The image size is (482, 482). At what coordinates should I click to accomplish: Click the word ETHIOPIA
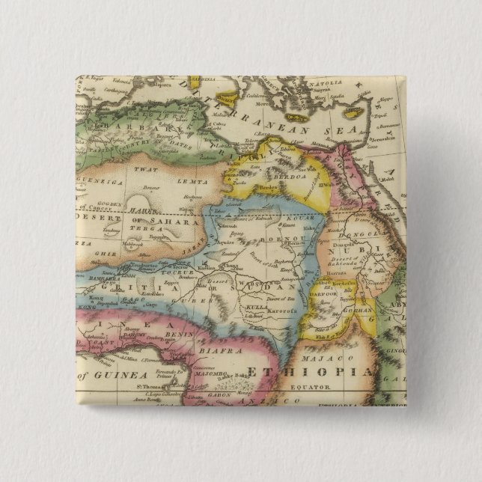[310, 373]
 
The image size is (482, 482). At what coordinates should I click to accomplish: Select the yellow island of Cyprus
[354, 112]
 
